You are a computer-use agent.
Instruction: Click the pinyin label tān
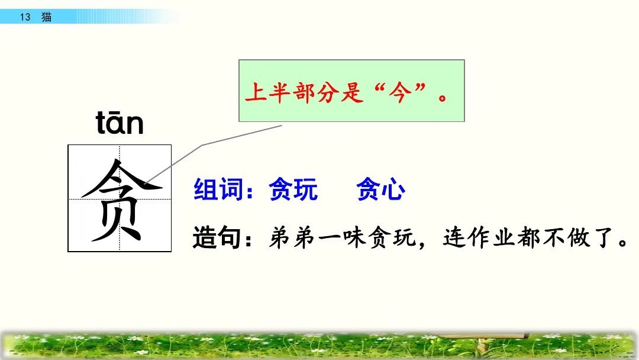[120, 124]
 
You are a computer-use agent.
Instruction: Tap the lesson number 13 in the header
[24, 17]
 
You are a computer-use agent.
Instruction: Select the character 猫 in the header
[46, 17]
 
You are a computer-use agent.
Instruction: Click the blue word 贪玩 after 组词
[293, 191]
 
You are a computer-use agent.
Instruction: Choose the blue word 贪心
[380, 191]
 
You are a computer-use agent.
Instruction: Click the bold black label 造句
[217, 237]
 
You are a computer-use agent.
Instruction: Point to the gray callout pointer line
[201, 146]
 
